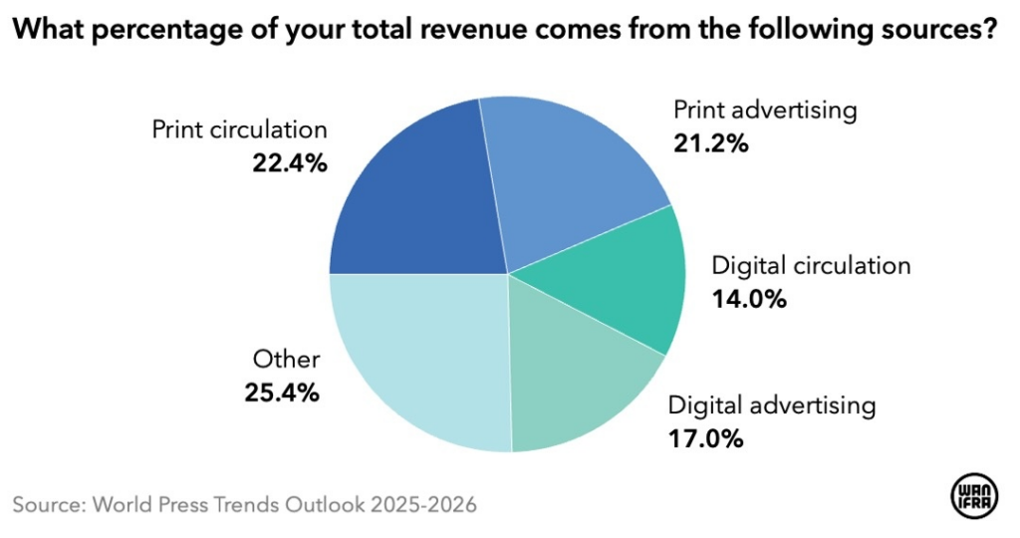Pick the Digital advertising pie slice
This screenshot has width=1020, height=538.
tap(578, 374)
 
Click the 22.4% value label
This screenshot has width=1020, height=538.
tap(288, 161)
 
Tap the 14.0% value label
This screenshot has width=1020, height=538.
tap(748, 298)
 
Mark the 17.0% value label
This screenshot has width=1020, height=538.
tap(705, 437)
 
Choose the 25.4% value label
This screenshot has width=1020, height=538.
tap(282, 393)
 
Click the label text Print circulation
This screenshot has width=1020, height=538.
tap(239, 130)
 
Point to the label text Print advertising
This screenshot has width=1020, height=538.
tap(765, 110)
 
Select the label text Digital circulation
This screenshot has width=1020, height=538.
tap(811, 266)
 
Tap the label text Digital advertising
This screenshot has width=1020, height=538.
tap(772, 405)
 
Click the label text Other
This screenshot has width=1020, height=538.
tap(286, 360)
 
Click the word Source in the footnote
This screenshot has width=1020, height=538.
tap(48, 504)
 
